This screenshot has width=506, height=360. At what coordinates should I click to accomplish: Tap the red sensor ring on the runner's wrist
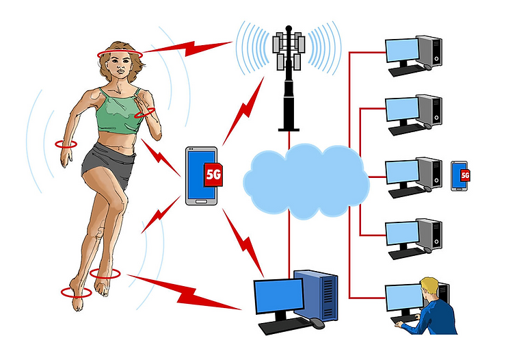tap(66, 144)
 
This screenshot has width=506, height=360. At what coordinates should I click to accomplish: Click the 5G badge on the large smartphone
tap(214, 175)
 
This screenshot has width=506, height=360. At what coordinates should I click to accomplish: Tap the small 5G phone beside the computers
tap(460, 175)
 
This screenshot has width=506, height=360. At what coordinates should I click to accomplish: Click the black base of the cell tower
tap(289, 125)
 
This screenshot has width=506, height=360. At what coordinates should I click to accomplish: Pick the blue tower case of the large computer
tap(316, 296)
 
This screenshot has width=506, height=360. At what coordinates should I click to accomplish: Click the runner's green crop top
tap(118, 113)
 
